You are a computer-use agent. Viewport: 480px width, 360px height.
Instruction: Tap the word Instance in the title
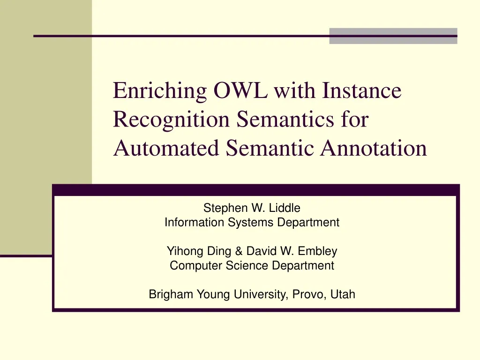362,90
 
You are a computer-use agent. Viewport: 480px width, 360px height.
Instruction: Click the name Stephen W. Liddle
252,208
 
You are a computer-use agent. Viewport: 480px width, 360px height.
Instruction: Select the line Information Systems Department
252,223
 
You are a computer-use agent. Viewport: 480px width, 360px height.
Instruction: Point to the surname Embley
320,251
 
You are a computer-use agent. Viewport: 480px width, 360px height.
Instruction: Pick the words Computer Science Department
252,266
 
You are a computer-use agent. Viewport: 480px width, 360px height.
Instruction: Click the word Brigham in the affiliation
171,294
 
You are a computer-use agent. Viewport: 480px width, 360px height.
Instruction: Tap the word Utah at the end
343,294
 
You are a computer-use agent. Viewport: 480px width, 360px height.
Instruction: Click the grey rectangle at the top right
393,36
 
